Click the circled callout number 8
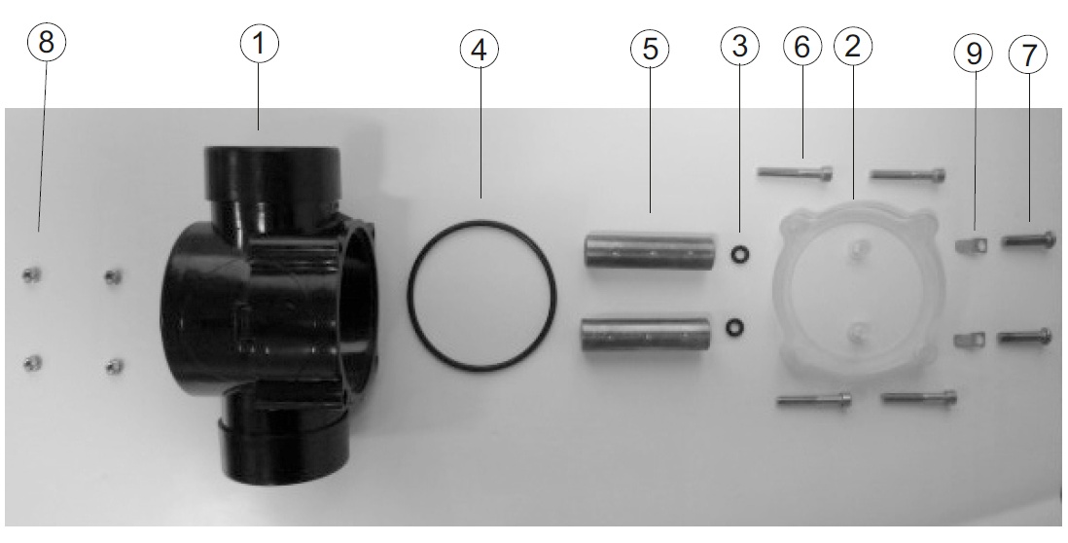(x=47, y=42)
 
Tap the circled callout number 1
(x=259, y=44)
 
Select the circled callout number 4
(x=479, y=50)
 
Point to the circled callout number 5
(x=650, y=50)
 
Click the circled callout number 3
(x=739, y=47)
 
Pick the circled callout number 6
(x=802, y=47)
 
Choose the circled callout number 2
(x=853, y=47)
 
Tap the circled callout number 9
(x=974, y=54)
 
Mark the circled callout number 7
(x=1028, y=54)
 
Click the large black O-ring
(x=481, y=223)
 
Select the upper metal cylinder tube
(x=650, y=251)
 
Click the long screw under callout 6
(x=796, y=174)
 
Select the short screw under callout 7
(x=1028, y=239)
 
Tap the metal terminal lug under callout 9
(x=970, y=243)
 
